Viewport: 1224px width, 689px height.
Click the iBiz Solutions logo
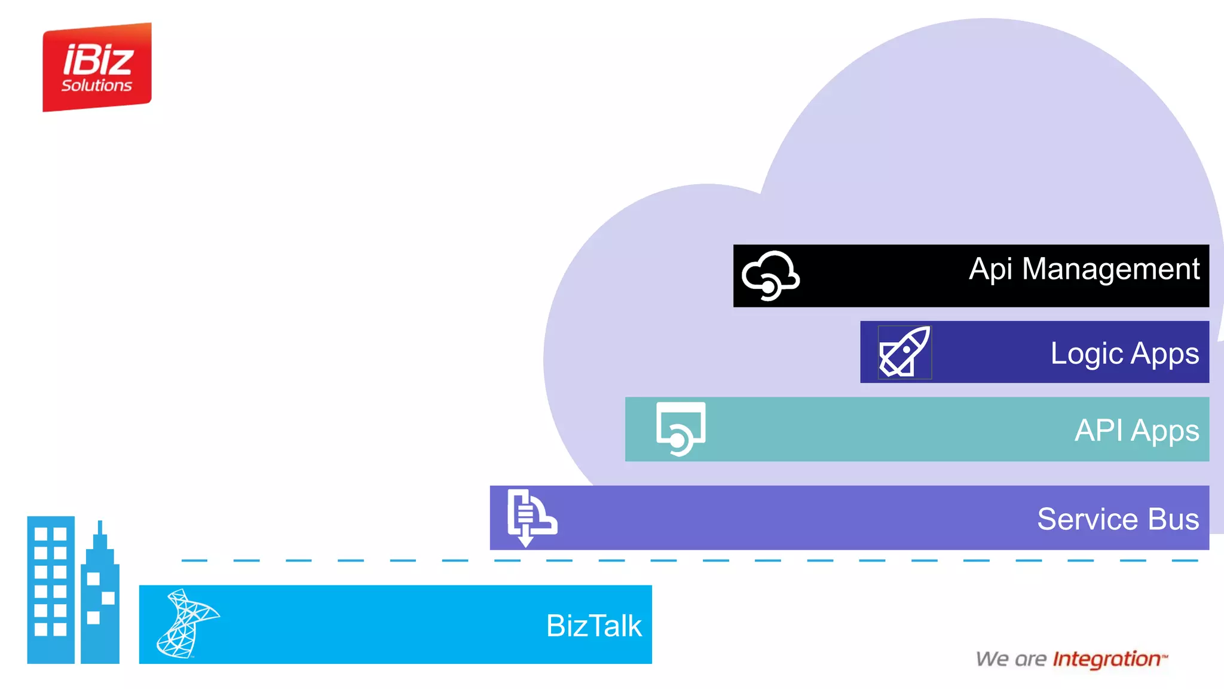(x=97, y=67)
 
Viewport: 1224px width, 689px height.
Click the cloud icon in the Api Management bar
(x=770, y=275)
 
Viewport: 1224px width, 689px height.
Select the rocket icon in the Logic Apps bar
(x=904, y=352)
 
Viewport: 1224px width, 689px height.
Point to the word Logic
(x=1087, y=354)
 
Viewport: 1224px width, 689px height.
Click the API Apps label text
(x=1136, y=431)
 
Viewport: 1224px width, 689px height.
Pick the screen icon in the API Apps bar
(x=681, y=428)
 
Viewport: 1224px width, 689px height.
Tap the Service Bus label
(x=1118, y=519)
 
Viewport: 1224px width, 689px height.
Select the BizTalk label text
(x=593, y=626)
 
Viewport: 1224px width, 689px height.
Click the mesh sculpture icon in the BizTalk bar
(x=186, y=624)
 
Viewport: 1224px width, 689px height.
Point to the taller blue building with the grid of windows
(x=51, y=589)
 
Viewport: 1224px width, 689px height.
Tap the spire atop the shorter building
(x=100, y=529)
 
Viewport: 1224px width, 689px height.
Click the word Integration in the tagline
(x=1106, y=659)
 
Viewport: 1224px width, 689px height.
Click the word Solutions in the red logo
(x=97, y=86)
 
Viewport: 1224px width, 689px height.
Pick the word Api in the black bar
(x=990, y=269)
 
